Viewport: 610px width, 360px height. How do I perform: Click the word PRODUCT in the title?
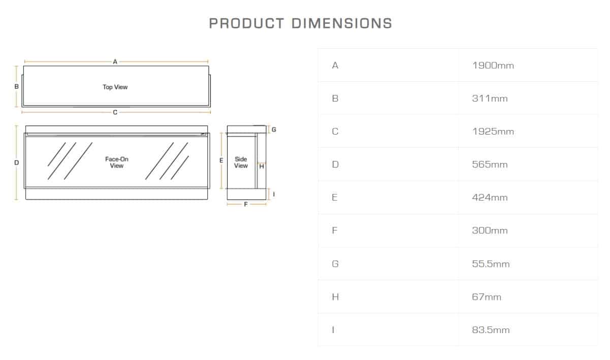(246, 23)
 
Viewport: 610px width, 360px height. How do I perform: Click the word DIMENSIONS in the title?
(342, 23)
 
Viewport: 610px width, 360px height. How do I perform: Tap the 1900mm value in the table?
(493, 66)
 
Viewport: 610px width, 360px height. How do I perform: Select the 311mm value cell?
(490, 99)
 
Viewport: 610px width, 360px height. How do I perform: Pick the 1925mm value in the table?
(493, 132)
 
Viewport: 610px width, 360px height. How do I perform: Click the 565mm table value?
(490, 165)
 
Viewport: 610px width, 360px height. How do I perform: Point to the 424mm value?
(490, 198)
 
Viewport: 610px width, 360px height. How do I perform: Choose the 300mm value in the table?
(490, 231)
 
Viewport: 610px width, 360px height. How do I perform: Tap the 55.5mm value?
(491, 264)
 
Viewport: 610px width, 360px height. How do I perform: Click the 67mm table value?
(487, 297)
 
